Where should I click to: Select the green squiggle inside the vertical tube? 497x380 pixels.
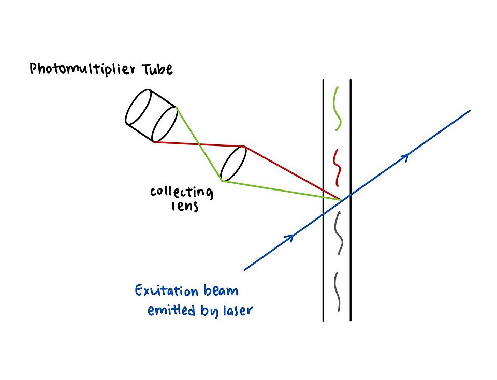point(337,108)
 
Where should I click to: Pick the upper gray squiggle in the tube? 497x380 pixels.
point(338,233)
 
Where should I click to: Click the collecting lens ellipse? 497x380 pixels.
point(233,164)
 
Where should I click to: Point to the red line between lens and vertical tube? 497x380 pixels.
point(293,173)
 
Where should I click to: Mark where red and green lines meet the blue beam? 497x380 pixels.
point(341,199)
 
